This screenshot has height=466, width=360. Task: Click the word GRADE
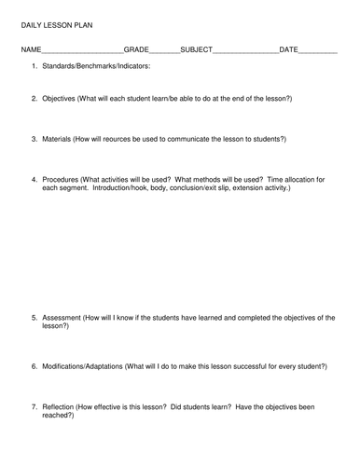(136, 48)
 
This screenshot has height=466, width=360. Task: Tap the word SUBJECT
(196, 48)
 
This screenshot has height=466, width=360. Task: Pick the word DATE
(289, 48)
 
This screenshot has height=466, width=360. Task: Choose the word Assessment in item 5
(62, 318)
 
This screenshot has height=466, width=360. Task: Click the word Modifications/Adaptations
(92, 366)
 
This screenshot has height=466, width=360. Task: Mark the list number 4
(34, 178)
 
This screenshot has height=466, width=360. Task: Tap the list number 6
(34, 366)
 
